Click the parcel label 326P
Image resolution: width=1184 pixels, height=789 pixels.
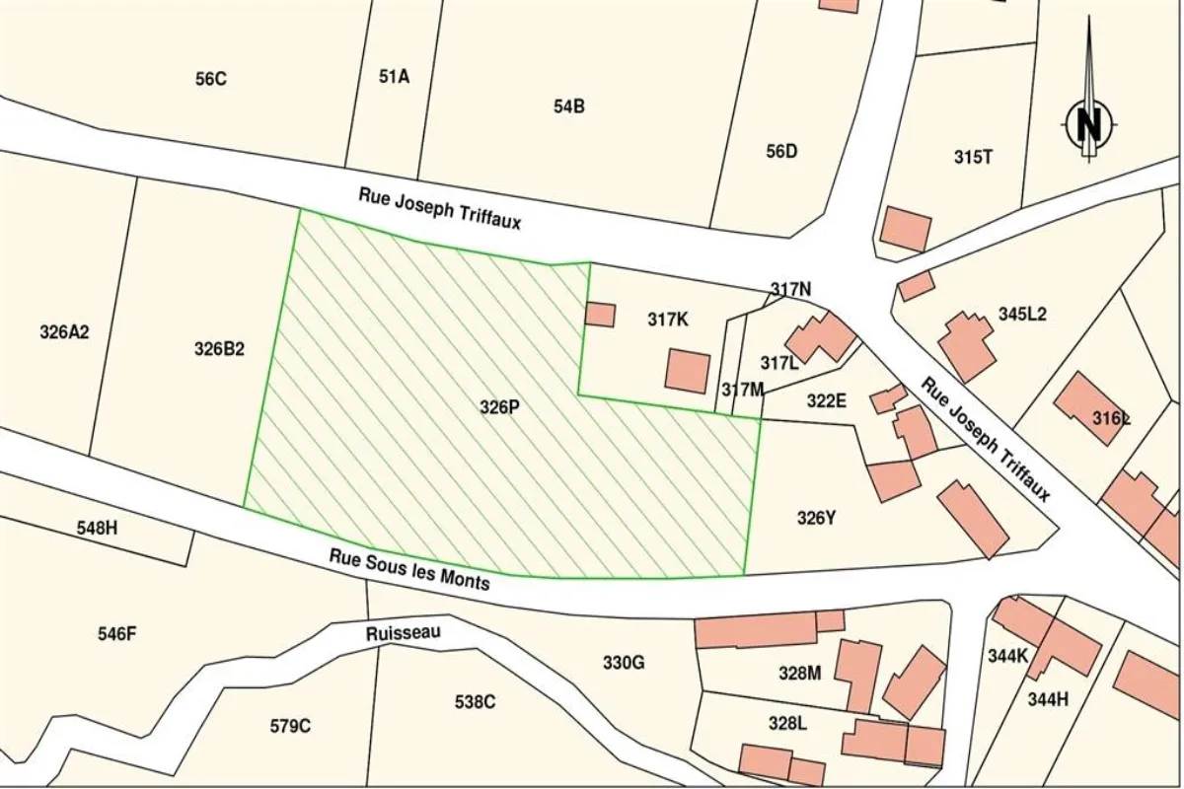(499, 406)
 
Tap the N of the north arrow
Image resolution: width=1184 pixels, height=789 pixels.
(1089, 124)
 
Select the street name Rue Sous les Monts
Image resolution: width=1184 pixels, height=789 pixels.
(409, 570)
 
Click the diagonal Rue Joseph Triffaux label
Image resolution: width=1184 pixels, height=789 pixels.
(986, 440)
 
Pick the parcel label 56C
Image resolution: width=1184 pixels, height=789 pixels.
(210, 79)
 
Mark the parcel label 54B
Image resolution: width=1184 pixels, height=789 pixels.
(568, 107)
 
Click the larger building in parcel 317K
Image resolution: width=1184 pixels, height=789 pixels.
(687, 371)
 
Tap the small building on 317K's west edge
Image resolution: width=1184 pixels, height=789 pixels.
(600, 315)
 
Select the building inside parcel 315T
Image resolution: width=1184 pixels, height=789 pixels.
(905, 229)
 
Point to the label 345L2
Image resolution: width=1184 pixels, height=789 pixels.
(1022, 315)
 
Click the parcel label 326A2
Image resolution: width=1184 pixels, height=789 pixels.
(64, 332)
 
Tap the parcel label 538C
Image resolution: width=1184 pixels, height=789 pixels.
(475, 701)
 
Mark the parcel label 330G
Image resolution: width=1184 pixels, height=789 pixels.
(624, 663)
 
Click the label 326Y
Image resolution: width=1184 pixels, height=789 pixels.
(816, 518)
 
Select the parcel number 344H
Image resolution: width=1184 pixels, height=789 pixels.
(1047, 699)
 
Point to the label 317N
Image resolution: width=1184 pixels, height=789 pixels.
(790, 289)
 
